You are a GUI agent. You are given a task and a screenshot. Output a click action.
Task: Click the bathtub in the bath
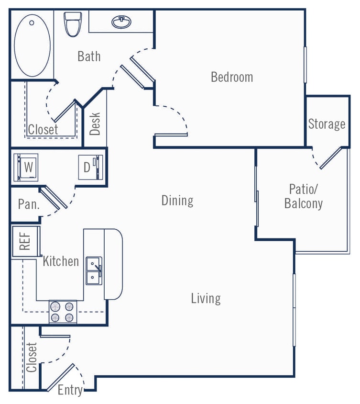click(32, 45)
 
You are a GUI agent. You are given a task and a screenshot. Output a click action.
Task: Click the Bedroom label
click(232, 77)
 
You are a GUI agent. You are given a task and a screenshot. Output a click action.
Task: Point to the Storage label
click(327, 124)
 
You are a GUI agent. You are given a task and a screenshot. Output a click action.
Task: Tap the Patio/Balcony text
click(304, 196)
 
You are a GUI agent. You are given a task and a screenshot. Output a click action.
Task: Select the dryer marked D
click(90, 167)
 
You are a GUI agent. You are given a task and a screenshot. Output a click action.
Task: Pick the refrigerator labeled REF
click(25, 241)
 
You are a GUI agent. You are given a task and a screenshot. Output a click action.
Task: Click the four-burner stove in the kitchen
click(63, 311)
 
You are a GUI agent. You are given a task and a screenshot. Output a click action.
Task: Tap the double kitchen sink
click(94, 270)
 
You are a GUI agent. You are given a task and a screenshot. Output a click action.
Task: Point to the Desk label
click(95, 123)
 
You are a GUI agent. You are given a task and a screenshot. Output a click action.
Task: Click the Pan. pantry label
click(28, 204)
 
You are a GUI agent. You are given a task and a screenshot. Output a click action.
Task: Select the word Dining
click(177, 200)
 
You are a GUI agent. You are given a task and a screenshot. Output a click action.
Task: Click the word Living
click(206, 298)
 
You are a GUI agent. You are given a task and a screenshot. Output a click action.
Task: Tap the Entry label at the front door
click(70, 390)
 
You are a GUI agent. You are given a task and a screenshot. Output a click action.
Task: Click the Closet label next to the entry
click(32, 358)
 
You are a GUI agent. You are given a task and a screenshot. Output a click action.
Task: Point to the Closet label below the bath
click(43, 129)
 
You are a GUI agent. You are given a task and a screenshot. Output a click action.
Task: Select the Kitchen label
click(61, 261)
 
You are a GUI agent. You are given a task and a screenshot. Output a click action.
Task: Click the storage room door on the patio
click(330, 158)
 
